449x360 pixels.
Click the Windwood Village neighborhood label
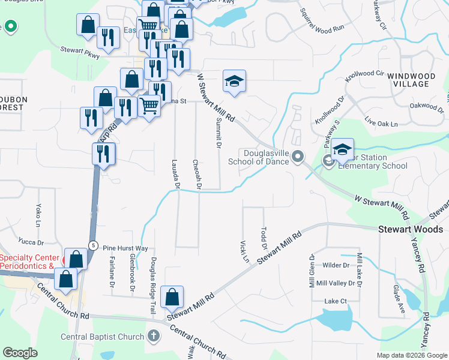coord(408,80)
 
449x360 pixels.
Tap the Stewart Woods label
coord(411,229)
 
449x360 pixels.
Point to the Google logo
coord(20,353)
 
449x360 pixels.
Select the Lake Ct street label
coord(336,301)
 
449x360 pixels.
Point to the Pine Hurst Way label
coord(125,248)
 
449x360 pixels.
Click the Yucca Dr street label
coord(32,242)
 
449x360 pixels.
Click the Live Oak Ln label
coord(381,124)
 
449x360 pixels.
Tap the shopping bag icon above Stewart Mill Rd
coord(172,297)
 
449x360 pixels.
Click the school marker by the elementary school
coord(342,150)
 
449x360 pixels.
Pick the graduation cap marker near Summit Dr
coord(234,82)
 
